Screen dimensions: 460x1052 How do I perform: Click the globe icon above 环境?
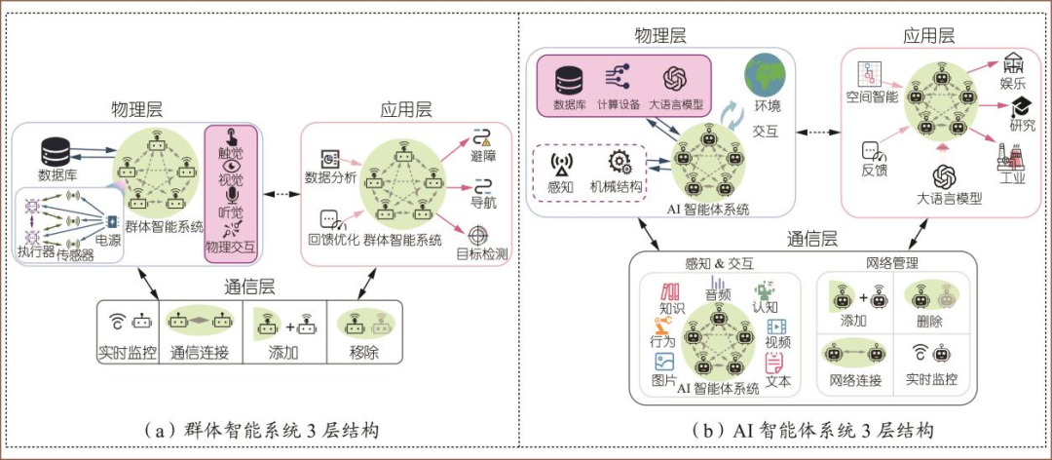(x=767, y=75)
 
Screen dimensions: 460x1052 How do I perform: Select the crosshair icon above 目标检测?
(x=477, y=236)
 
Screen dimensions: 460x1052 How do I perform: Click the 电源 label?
(x=108, y=240)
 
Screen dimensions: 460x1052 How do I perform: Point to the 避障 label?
(x=483, y=157)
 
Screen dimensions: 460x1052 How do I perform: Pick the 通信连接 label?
(x=200, y=352)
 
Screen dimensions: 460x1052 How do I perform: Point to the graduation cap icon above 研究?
(x=1018, y=106)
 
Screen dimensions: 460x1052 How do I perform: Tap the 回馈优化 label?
(x=335, y=239)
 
